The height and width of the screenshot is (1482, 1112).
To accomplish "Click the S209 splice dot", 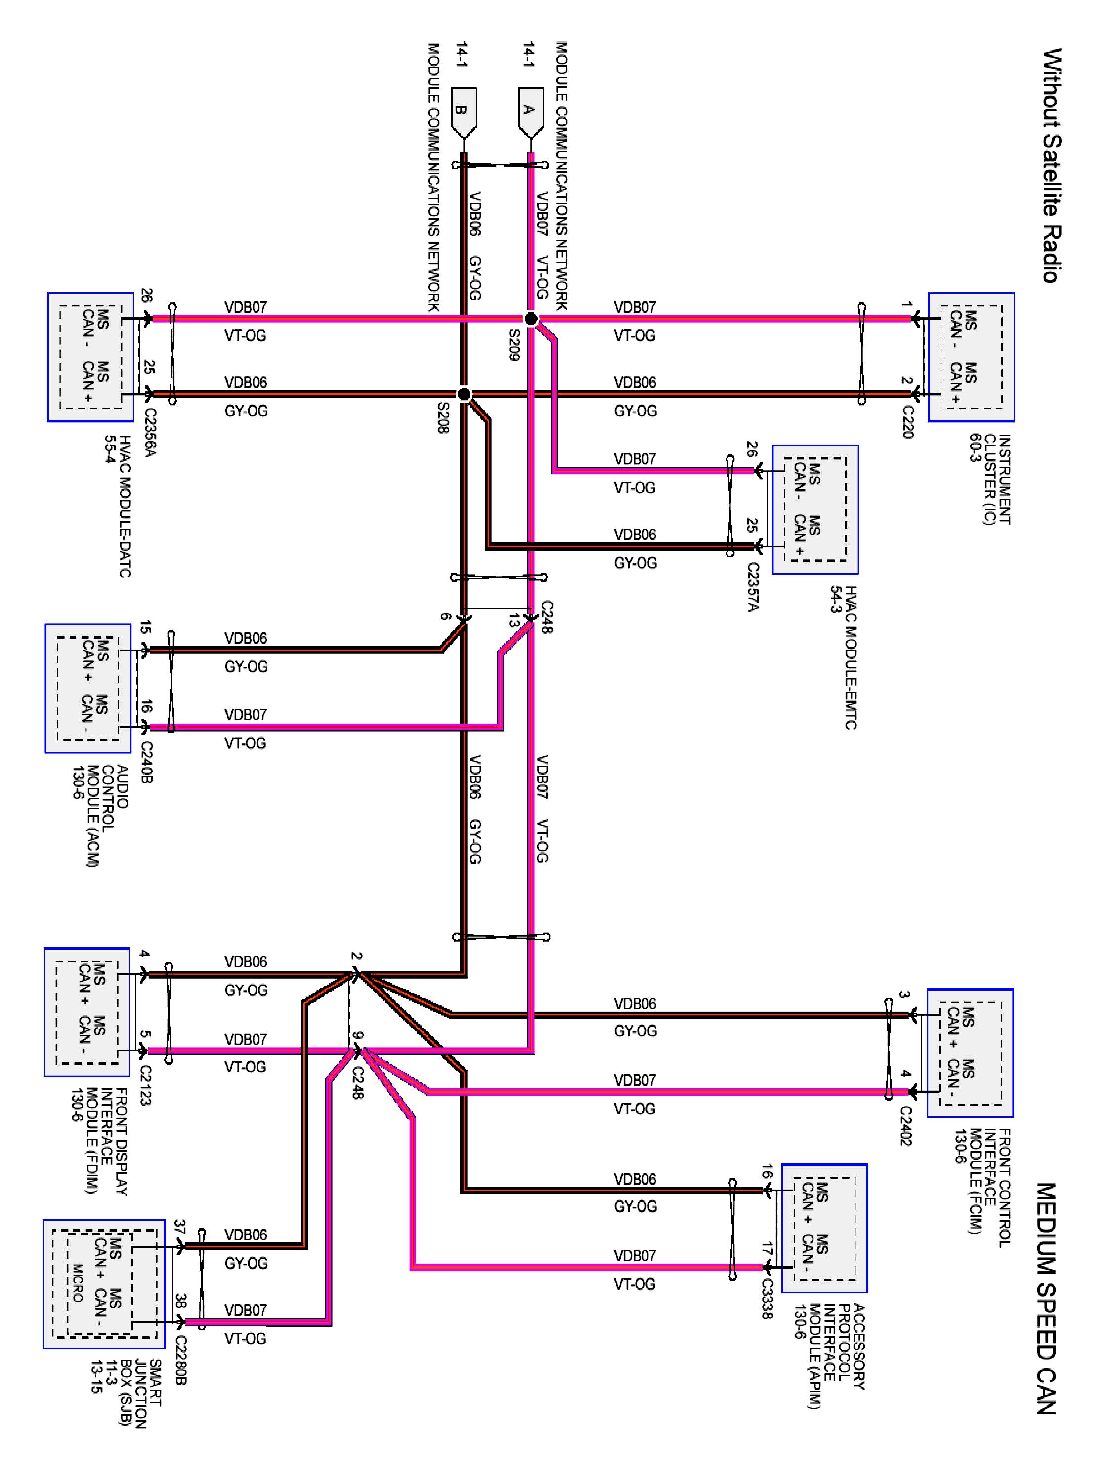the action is click(x=530, y=319).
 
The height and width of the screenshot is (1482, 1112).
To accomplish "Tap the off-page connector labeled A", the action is click(x=530, y=113).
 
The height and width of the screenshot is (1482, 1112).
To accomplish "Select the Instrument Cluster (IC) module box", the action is click(x=971, y=357).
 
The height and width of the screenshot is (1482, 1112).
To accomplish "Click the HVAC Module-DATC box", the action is click(x=90, y=357).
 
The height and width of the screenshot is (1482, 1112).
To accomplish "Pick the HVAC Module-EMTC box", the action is click(x=815, y=509).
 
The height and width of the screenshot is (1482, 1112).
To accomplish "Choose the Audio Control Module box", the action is click(x=88, y=689).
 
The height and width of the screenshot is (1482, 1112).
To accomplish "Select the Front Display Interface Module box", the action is click(x=87, y=1012).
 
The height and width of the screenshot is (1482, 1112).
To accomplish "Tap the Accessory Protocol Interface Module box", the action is click(x=824, y=1228).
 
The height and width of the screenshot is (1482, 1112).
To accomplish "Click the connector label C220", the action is click(x=907, y=422).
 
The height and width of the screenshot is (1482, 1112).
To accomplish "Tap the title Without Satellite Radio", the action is click(x=1052, y=165).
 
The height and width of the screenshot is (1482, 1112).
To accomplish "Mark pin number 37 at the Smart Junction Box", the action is click(x=179, y=1227).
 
